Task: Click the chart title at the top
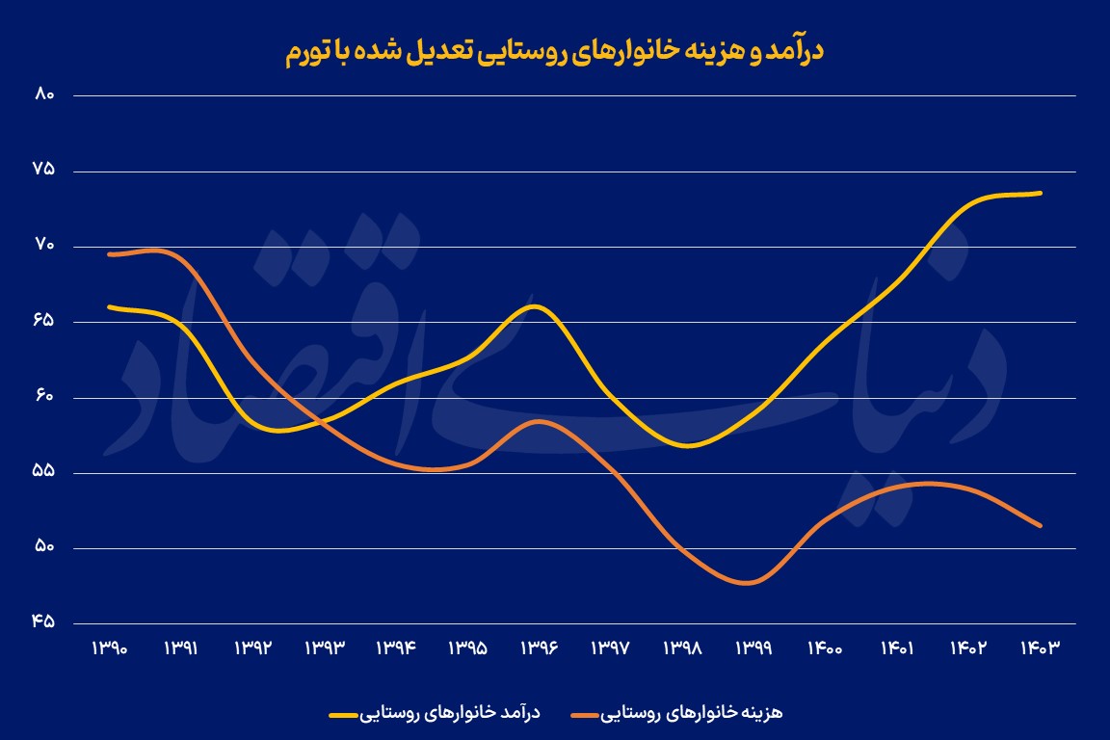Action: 555,52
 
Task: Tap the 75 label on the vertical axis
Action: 43,170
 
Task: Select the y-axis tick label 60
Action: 43,396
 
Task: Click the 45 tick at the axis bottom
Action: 43,622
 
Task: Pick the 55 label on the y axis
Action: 43,472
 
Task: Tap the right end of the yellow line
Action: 1041,193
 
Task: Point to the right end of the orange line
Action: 1041,525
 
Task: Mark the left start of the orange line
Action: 109,254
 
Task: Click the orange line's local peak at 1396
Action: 540,421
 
